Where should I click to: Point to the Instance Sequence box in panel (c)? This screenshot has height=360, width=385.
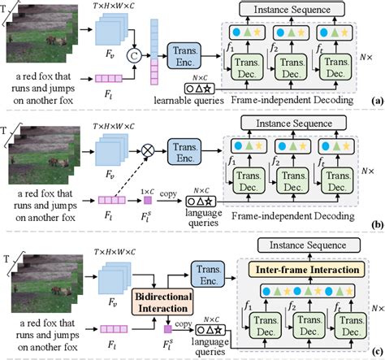pyautogui.click(x=297, y=245)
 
